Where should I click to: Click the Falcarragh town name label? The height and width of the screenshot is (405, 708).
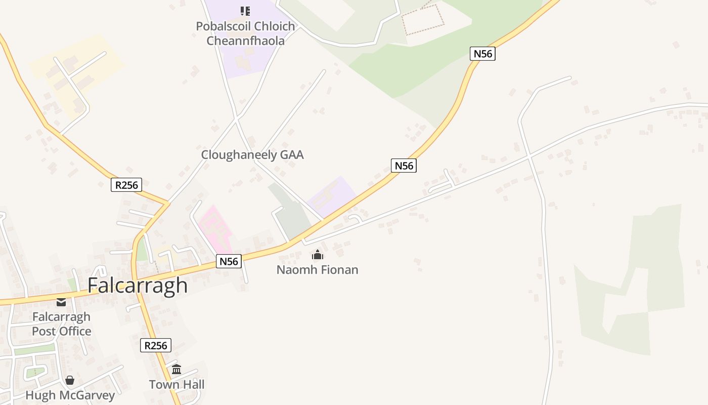pos(138,286)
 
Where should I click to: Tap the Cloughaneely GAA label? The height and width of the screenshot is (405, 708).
pos(252,155)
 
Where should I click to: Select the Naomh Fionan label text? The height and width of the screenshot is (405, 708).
pos(317,270)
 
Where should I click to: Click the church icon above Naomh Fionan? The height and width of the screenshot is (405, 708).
pos(318,255)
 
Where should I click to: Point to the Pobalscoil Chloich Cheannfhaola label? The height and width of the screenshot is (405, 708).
pos(245,33)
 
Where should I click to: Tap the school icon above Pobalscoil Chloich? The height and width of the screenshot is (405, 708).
pos(245,11)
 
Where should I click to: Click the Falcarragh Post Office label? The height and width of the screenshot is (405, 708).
pos(62,324)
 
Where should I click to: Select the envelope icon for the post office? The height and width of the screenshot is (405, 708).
pos(61,302)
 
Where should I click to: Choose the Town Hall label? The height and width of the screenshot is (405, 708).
pos(176,385)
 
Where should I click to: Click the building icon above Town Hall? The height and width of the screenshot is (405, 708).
pos(176,369)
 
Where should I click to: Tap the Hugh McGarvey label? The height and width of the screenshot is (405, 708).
pos(70,395)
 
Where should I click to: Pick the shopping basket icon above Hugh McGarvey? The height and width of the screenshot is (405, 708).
pos(70,380)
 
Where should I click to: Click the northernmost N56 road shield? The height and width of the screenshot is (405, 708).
pos(482,54)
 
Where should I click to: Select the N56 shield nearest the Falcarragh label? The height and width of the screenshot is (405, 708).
pos(229,261)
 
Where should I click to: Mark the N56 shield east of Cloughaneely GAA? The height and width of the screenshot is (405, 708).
pos(404,166)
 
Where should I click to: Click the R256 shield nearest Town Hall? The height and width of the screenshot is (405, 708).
pos(156,346)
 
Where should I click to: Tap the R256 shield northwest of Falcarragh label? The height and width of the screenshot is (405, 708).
pos(126,185)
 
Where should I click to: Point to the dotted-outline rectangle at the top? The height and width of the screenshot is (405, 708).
pos(423,20)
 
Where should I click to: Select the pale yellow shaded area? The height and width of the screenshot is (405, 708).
pos(76,71)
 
